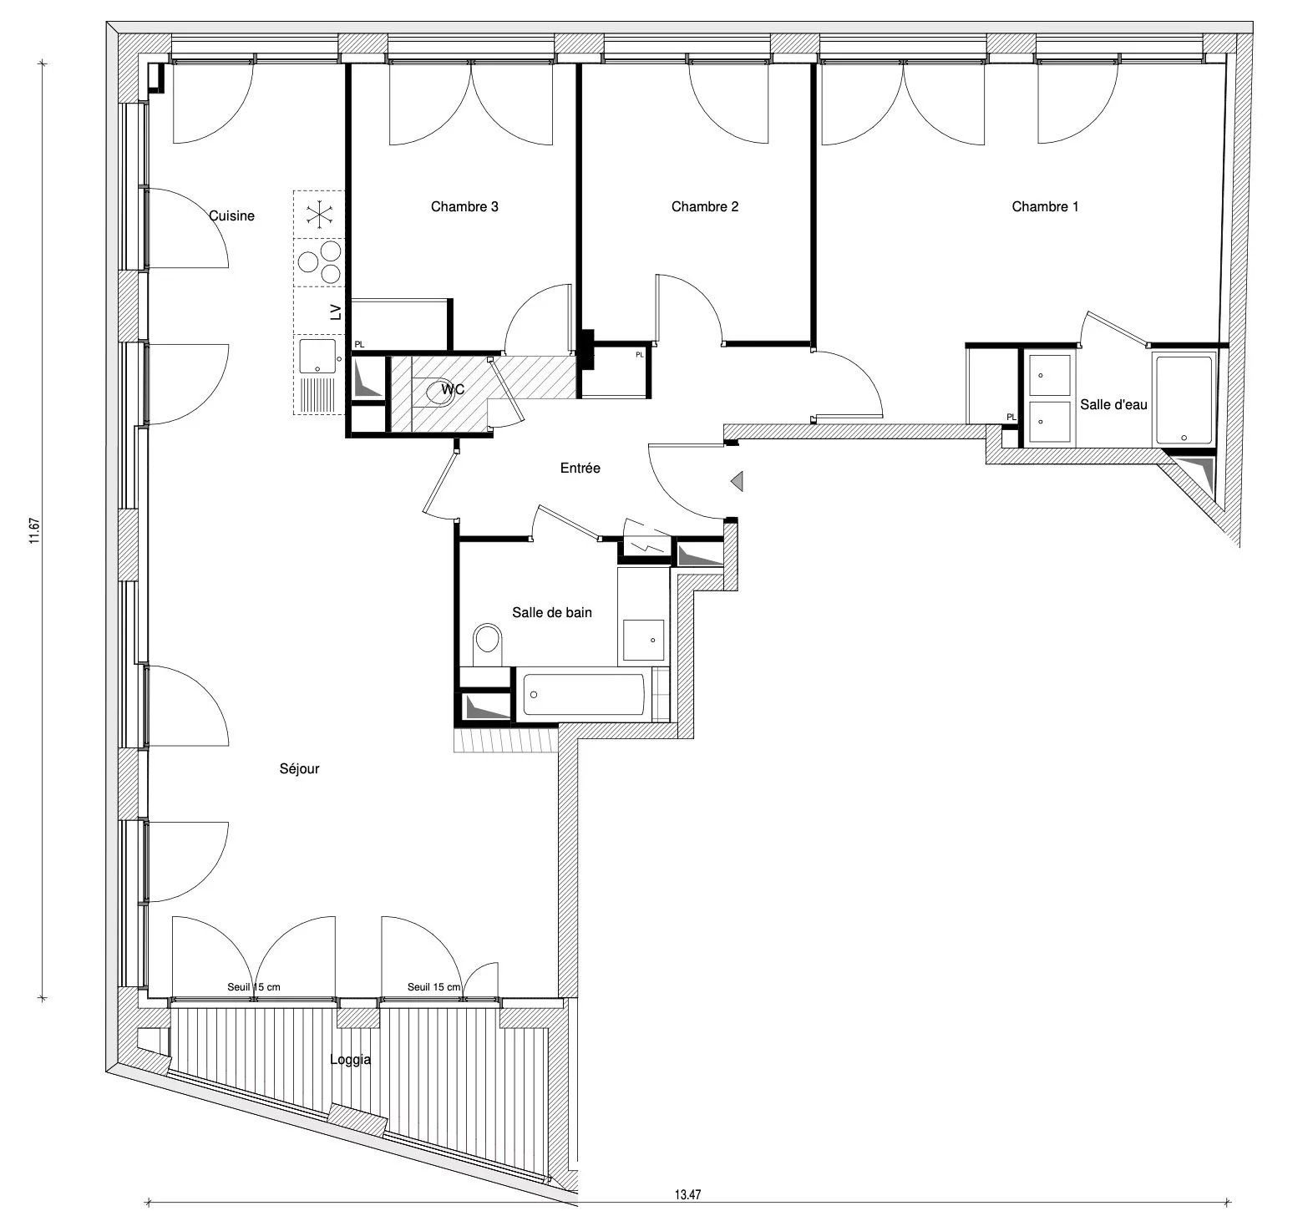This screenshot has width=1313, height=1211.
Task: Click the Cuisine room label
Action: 231,215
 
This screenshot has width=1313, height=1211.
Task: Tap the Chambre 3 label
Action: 464,206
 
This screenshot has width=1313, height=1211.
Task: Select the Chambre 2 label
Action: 705,206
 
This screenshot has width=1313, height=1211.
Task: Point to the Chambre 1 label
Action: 1045,206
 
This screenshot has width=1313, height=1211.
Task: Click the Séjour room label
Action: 299,768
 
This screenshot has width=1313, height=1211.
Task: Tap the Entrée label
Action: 580,468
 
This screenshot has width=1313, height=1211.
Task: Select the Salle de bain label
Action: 552,612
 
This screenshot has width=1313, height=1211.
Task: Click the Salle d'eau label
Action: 1113,404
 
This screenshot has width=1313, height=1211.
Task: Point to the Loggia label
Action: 351,1060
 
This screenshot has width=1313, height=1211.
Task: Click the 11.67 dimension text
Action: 35,531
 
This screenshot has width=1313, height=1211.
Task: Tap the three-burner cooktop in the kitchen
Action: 320,262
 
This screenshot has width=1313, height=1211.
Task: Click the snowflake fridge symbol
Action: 318,214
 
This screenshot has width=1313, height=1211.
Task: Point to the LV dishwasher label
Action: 336,312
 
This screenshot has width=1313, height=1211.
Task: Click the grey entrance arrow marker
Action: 738,481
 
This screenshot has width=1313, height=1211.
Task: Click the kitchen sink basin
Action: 317,356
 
